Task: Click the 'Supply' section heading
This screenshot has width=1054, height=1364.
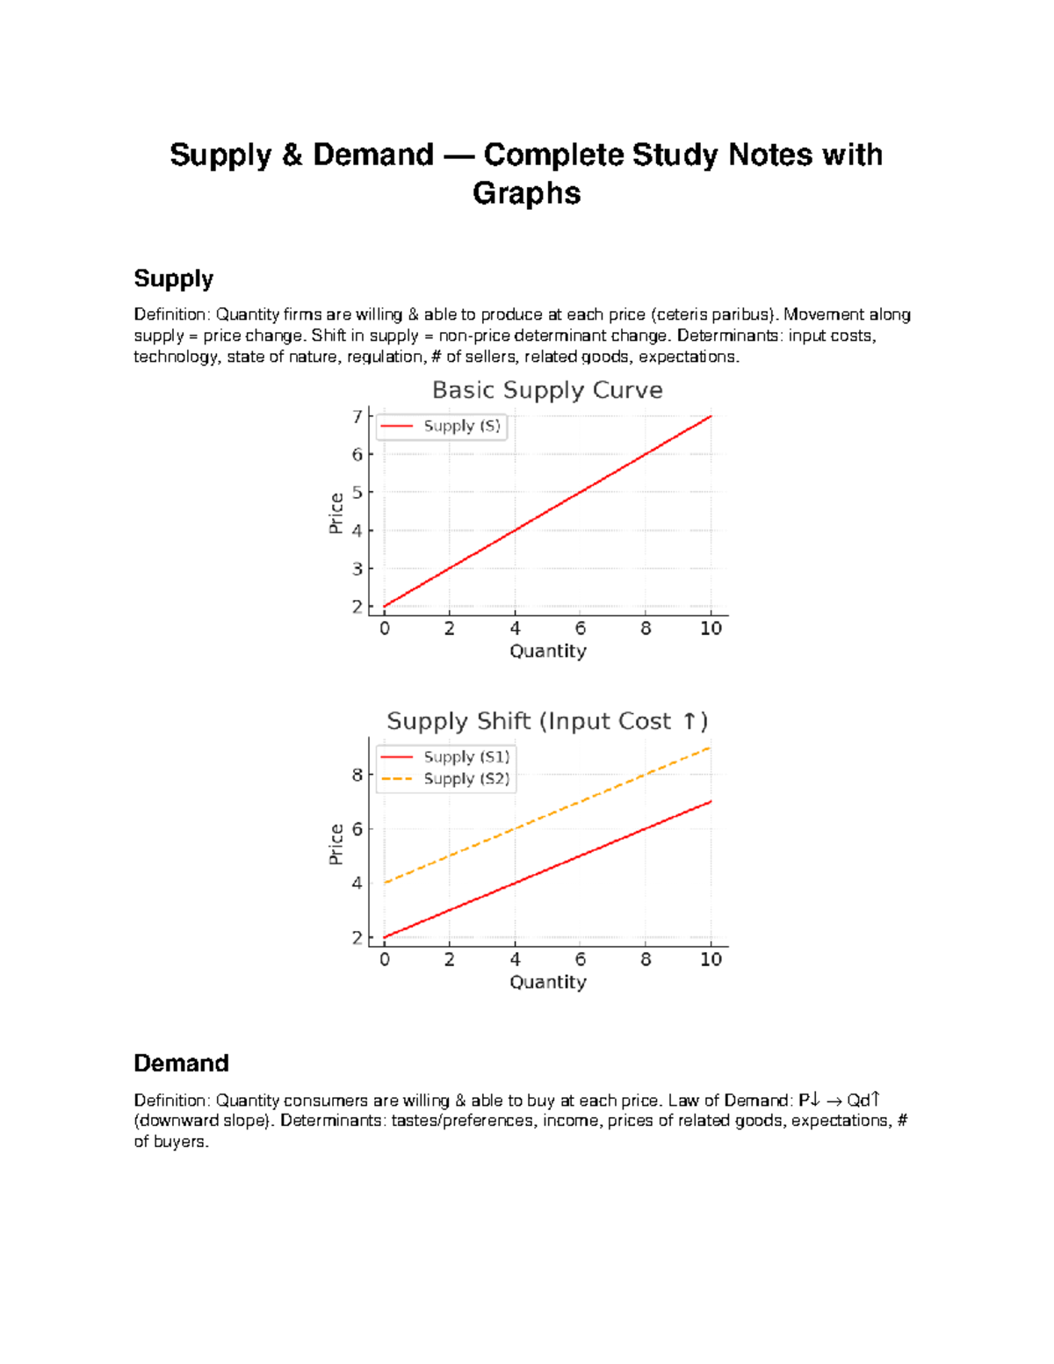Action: (x=173, y=278)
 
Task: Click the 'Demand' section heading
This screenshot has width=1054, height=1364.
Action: (x=181, y=1063)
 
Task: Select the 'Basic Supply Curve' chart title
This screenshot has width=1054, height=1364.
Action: (x=547, y=390)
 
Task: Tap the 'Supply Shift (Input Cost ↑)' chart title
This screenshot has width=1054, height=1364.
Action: (x=547, y=721)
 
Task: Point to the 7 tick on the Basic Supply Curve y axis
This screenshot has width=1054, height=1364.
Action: (x=357, y=416)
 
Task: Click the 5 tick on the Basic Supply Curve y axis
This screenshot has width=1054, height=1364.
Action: (x=357, y=493)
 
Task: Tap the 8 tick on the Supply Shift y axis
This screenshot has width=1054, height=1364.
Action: (x=357, y=775)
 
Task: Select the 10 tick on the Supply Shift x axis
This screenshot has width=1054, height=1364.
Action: (x=711, y=959)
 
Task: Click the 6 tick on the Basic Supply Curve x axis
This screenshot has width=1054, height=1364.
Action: (x=581, y=628)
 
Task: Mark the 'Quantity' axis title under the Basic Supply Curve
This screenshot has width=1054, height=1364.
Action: (x=547, y=651)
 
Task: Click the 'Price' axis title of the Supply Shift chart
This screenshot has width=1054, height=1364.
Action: (x=336, y=844)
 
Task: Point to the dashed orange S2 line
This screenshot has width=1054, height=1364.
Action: (x=547, y=815)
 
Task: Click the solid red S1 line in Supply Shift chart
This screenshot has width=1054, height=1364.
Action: (x=547, y=870)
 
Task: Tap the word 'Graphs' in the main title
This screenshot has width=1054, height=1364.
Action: (x=526, y=193)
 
